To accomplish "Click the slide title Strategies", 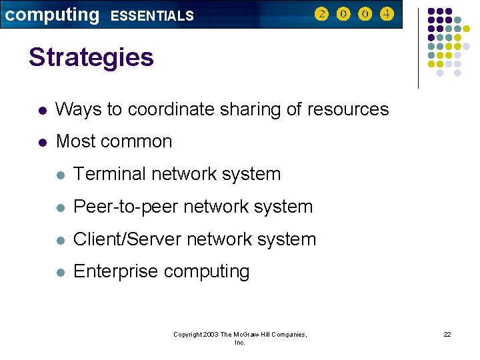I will tap(91, 57).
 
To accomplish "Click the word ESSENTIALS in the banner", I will tap(152, 15).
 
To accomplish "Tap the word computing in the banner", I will tap(52, 14).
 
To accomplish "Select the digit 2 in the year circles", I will tap(321, 14).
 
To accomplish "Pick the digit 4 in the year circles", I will tap(387, 14).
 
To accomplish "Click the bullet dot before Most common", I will tap(42, 142).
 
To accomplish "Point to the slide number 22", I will tap(447, 334).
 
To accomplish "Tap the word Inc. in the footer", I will tap(240, 343).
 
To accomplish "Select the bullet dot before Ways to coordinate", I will tap(42, 110).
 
